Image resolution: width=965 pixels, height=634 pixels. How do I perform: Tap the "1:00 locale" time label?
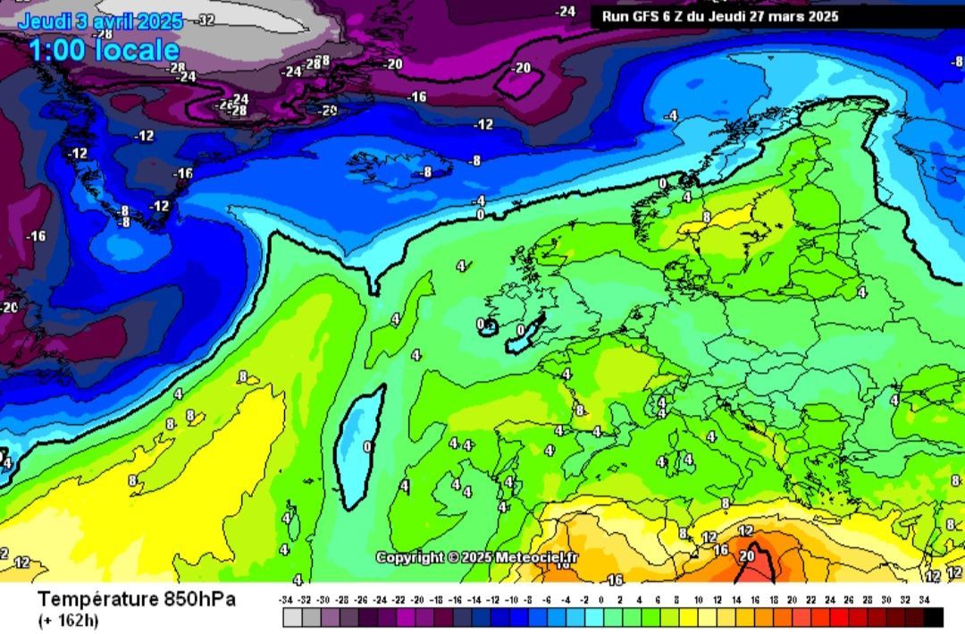point(105,50)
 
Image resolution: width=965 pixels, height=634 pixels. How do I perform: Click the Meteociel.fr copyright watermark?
point(477,557)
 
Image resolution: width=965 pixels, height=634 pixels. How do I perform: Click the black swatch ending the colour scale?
point(933,617)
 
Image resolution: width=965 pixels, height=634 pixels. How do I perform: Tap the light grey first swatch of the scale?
point(292,617)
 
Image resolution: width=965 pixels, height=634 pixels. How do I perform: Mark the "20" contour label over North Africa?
point(748,556)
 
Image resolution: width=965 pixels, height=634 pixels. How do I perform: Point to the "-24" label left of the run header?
point(566,12)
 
